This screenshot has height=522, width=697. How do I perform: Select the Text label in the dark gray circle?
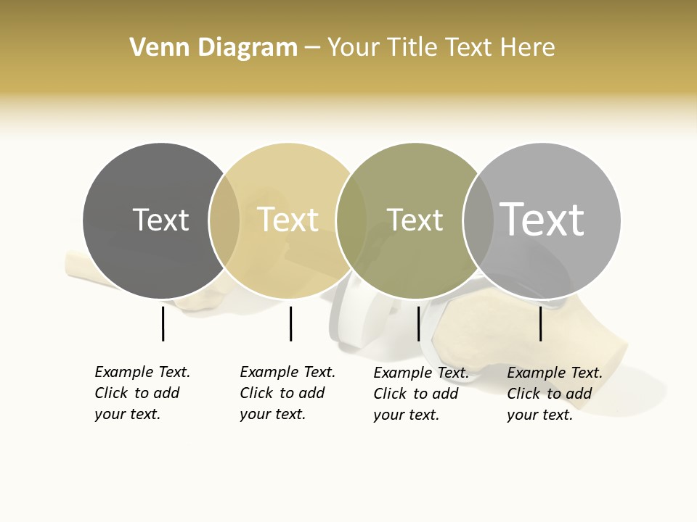tap(160, 220)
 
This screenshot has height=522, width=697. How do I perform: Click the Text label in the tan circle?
tap(288, 220)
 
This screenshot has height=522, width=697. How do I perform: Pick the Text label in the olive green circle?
tap(415, 220)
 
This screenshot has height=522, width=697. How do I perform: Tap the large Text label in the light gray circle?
tap(542, 220)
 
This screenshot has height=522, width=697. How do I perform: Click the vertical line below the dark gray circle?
tap(163, 323)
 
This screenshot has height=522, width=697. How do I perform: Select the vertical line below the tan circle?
tap(290, 323)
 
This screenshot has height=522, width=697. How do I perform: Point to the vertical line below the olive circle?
tap(418, 323)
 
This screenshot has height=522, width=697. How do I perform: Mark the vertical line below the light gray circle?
tap(541, 323)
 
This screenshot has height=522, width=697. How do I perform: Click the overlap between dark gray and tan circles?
tap(224, 220)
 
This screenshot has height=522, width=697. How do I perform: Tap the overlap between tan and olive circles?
tap(351, 220)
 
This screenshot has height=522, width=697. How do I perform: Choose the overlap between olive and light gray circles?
tap(478, 220)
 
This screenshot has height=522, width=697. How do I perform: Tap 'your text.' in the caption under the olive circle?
tap(406, 415)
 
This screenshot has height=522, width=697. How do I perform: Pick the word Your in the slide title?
tap(353, 48)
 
